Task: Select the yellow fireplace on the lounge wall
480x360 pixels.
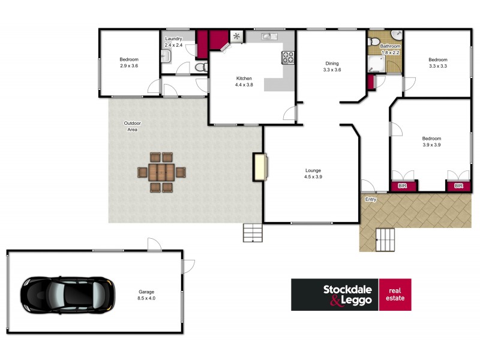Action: point(260,167)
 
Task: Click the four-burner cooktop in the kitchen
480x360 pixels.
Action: point(288,58)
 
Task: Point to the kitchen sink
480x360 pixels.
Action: point(268,37)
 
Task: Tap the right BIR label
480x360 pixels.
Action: point(458,186)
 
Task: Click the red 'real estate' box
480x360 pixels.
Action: point(395,294)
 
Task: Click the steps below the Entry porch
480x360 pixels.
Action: point(385,240)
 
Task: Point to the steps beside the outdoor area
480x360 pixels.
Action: point(252,232)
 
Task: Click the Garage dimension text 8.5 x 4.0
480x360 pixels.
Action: point(147,298)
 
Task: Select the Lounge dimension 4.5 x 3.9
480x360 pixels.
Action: point(313,177)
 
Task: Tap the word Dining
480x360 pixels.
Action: point(332,63)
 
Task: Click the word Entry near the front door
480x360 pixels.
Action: point(370,199)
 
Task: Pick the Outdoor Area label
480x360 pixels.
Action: point(132,126)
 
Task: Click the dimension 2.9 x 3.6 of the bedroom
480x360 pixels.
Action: point(128,65)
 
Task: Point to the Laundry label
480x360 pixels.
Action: point(173,39)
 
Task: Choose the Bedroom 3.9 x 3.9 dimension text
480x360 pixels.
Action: point(431,145)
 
